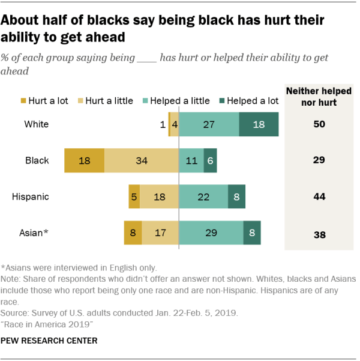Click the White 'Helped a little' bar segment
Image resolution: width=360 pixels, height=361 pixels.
pyautogui.click(x=209, y=125)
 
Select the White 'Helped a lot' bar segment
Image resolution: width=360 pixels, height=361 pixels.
pyautogui.click(x=259, y=125)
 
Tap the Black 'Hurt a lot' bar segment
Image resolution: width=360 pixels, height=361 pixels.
pyautogui.click(x=84, y=161)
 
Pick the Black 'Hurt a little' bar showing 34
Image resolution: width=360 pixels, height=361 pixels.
pyautogui.click(x=141, y=161)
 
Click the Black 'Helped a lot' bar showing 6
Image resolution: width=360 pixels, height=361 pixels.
pyautogui.click(x=210, y=161)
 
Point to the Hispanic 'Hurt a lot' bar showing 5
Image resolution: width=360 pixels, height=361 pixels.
pyautogui.click(x=134, y=197)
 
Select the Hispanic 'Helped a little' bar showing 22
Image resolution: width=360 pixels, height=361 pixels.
pyautogui.click(x=203, y=197)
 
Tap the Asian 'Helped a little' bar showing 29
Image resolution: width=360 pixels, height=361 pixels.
pyautogui.click(x=211, y=232)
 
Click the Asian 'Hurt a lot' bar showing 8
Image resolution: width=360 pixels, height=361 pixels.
pyautogui.click(x=133, y=232)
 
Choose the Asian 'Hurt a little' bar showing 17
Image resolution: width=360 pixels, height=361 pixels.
pyautogui.click(x=160, y=232)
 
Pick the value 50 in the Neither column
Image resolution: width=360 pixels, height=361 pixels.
pyautogui.click(x=319, y=125)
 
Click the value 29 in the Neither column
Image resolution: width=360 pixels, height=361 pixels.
pyautogui.click(x=319, y=161)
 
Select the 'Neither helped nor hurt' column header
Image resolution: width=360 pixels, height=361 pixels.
pyautogui.click(x=319, y=97)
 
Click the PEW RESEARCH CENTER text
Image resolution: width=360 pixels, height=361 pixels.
pyautogui.click(x=49, y=341)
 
